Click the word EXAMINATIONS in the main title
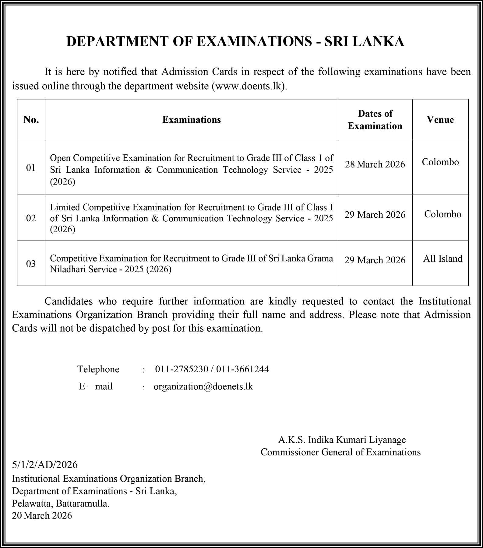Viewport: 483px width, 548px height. tap(254, 41)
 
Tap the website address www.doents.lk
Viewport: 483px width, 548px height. tap(250, 86)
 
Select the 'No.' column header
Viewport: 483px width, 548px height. tap(31, 119)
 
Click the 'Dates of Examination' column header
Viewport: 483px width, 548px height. tap(375, 120)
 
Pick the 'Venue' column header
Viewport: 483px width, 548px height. tap(440, 119)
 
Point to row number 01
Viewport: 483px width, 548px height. tap(31, 168)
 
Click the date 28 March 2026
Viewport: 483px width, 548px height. tap(375, 164)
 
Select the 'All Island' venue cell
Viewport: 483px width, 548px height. tap(442, 258)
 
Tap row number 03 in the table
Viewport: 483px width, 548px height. tap(31, 263)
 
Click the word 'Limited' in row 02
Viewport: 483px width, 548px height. tap(65, 207)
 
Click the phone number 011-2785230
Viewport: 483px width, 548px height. tap(182, 369)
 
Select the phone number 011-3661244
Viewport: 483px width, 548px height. tap(243, 369)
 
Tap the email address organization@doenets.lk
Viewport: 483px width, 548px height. tap(203, 386)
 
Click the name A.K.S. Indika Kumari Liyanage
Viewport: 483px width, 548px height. tap(342, 440)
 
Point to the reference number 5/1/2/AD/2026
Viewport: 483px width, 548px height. tap(45, 465)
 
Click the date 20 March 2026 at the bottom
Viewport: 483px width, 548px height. tap(42, 515)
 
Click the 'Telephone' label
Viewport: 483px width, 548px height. tap(98, 369)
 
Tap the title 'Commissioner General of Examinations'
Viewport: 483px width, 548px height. tap(340, 452)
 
